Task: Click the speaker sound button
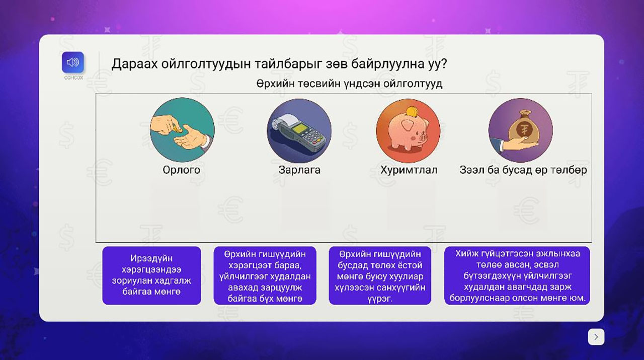73,62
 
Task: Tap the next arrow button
596,337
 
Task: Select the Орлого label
182,170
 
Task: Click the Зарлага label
299,170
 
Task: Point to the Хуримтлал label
409,170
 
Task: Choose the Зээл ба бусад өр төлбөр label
523,170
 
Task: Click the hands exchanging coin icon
182,130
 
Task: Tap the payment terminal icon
299,131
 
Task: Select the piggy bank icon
408,131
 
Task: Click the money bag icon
520,130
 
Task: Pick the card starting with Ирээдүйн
151,275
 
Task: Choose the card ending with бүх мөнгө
265,275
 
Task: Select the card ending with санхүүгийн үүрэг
380,275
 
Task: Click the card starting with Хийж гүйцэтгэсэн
517,275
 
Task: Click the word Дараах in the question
134,64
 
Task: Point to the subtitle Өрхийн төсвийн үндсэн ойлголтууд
349,84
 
